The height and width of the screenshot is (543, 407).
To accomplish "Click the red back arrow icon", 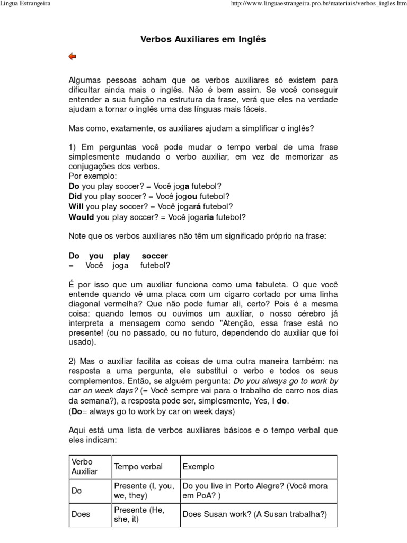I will point(73,56).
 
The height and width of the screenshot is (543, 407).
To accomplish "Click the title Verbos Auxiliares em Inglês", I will point(203,39).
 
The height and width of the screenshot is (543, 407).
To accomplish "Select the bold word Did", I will point(76,196).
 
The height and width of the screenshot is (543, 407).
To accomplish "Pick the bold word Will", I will point(76,206).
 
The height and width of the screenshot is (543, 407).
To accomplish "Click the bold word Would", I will point(81,217).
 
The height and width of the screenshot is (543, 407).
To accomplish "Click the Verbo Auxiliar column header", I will point(85,467).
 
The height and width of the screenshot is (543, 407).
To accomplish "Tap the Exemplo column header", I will point(198,467).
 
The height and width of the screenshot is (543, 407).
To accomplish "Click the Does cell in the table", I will point(81,514).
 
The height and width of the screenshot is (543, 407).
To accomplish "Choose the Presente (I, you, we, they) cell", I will point(144,491).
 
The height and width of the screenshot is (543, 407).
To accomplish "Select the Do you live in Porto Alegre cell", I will point(255,491).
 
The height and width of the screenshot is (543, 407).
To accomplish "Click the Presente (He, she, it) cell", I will point(139,514).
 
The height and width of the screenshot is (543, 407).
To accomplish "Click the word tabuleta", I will point(283,284).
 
